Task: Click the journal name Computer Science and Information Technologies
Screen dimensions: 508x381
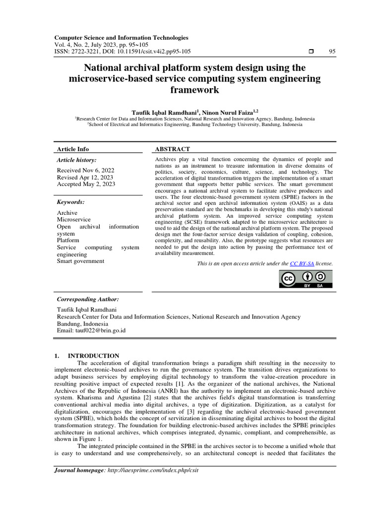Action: tap(121, 37)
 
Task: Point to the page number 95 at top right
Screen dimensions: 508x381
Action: tap(332, 52)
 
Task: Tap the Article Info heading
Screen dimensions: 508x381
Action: tap(73, 149)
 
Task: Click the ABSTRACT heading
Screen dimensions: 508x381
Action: tap(173, 149)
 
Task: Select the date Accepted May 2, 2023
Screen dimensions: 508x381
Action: tap(86, 184)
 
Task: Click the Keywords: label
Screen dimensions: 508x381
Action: tap(71, 202)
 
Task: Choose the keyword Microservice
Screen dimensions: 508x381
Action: tap(73, 219)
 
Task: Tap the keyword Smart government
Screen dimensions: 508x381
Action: tap(80, 261)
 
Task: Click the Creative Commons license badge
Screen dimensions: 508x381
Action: tap(305, 279)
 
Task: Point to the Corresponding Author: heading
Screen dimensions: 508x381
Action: tap(88, 299)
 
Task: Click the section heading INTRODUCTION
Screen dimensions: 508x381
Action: tap(93, 356)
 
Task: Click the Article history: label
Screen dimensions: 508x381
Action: tap(77, 160)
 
